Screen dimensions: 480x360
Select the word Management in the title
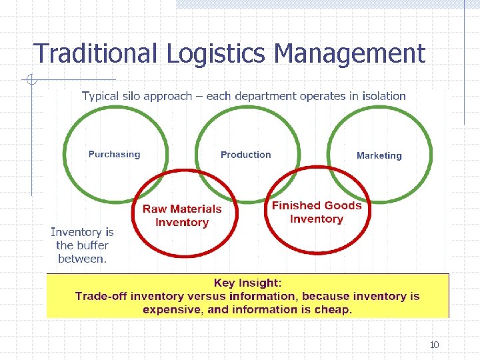349,53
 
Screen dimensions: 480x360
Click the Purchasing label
115,155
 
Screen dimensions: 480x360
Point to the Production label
246,155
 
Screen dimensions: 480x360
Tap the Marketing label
379,156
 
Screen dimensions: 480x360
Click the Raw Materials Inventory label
182,215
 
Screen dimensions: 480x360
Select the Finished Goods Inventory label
317,212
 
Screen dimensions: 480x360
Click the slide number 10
434,345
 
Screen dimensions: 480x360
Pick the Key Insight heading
248,283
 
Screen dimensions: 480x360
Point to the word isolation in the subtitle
380,96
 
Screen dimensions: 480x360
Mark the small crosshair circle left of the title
31,81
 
